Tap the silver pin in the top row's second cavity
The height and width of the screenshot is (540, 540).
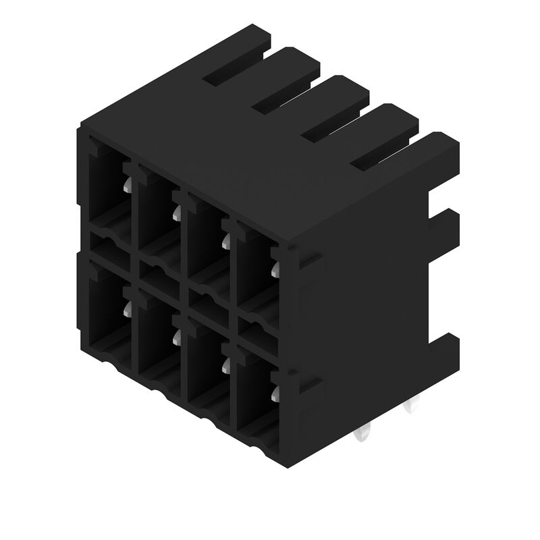click(x=175, y=213)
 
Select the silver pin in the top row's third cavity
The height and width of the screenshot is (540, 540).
click(x=225, y=241)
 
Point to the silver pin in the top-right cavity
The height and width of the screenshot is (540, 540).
click(x=274, y=270)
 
